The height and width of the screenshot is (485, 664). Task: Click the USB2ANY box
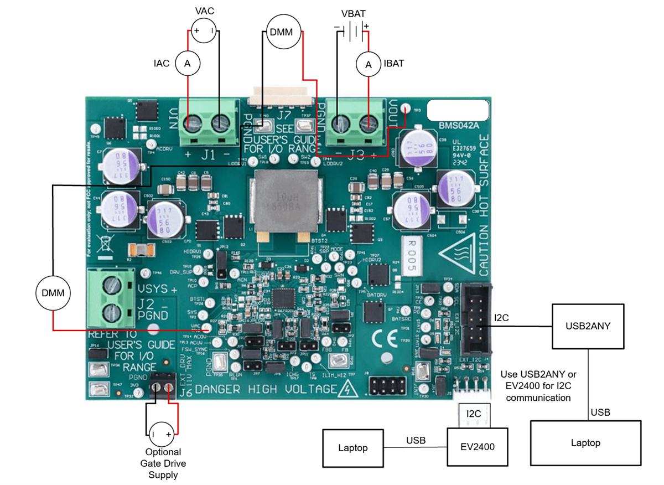click(x=588, y=326)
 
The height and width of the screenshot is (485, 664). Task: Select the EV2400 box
click(x=478, y=447)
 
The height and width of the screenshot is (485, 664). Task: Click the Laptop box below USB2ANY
click(x=585, y=442)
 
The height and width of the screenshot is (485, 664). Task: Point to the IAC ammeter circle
click(x=188, y=65)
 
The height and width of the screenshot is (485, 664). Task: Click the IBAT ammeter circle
click(x=369, y=65)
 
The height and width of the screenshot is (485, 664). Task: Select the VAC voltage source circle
click(x=204, y=31)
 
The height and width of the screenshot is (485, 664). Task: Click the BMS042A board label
click(x=458, y=125)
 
